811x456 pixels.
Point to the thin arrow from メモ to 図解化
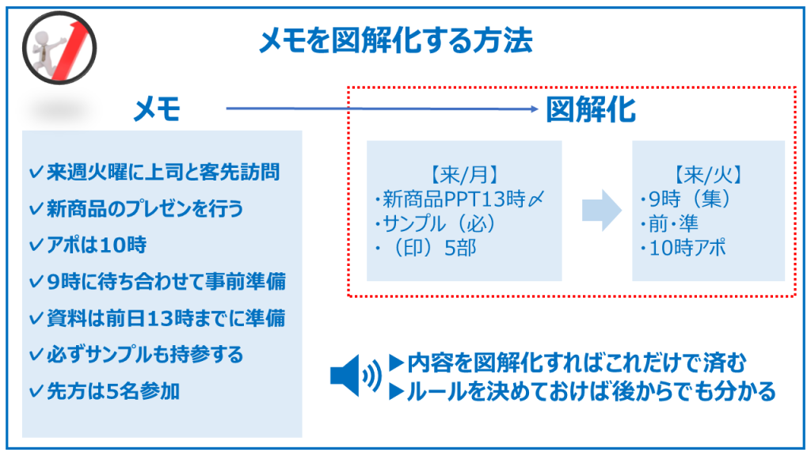pyautogui.click(x=380, y=109)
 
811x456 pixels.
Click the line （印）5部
pyautogui.click(x=425, y=248)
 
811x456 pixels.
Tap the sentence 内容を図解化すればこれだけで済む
pyautogui.click(x=577, y=364)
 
